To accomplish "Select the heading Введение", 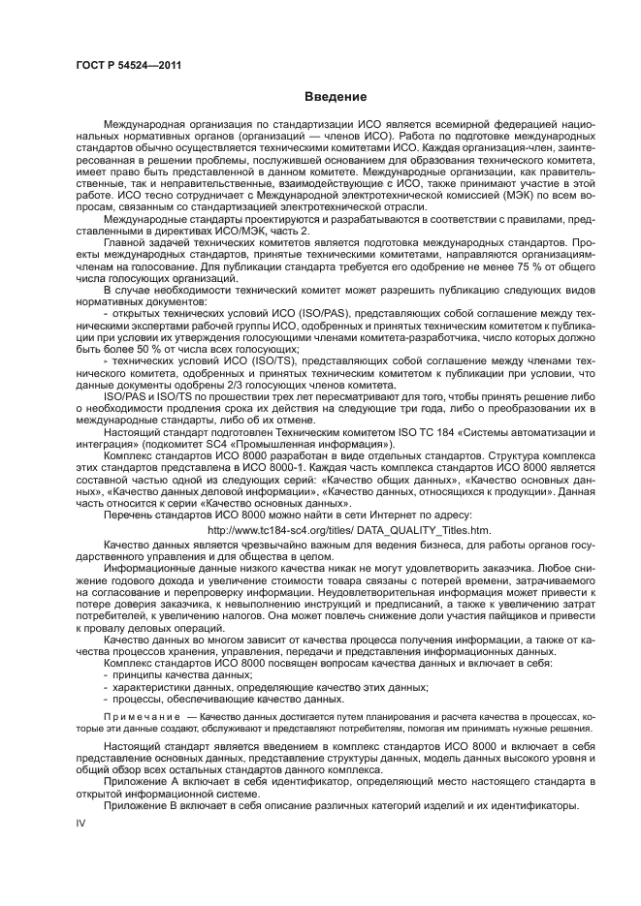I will point(335,97).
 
